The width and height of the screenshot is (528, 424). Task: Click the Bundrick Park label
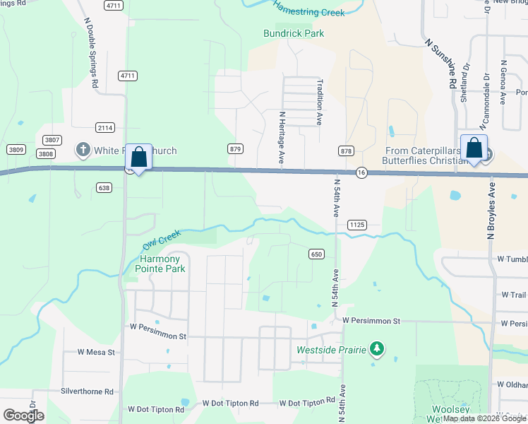tap(293, 33)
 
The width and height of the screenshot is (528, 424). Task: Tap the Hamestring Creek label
tap(308, 11)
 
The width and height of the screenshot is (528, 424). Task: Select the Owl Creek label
tap(162, 240)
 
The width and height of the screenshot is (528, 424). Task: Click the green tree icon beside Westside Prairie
tap(378, 349)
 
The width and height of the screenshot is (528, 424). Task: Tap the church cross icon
tap(83, 150)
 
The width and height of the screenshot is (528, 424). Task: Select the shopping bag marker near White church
tap(138, 157)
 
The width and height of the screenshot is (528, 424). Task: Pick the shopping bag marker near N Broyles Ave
tap(474, 148)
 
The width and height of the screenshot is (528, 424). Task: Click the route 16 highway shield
tap(361, 173)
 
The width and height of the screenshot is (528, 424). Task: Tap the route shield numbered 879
tap(236, 149)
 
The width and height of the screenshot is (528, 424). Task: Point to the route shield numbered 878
tap(346, 151)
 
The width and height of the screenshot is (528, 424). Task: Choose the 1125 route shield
tap(356, 224)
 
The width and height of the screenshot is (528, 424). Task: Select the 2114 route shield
tap(105, 127)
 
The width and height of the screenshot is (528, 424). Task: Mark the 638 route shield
tap(105, 187)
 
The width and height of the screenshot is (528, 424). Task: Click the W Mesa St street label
tap(96, 352)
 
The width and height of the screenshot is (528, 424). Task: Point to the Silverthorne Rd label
tap(87, 391)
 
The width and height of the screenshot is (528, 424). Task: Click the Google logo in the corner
tap(23, 415)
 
